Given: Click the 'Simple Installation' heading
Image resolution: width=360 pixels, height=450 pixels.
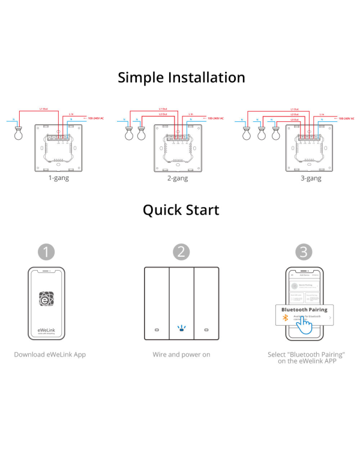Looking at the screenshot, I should pos(181,77).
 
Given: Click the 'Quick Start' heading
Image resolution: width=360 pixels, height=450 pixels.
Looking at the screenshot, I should pos(181,209).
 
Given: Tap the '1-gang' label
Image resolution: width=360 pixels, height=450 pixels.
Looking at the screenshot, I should pos(58,178).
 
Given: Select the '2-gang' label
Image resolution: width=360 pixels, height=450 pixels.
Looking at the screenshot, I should pos(178,178).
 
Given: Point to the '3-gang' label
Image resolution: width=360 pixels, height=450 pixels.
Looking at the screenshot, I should pos(311,178).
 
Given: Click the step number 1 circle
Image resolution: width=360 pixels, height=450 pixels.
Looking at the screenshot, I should pos(46,251).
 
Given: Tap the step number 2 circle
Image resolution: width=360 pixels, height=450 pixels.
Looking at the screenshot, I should pos(181,251).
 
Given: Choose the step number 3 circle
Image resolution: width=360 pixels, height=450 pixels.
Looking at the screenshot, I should pos(304,251).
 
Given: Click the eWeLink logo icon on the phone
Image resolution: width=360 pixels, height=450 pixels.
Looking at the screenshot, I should pos(46,298).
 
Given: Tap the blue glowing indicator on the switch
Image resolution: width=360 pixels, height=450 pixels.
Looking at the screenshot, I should pos(181,328).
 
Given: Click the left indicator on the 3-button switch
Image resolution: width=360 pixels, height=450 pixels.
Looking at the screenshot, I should pos(157,330).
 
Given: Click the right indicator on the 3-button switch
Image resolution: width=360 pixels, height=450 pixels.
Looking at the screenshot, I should pos(206,330).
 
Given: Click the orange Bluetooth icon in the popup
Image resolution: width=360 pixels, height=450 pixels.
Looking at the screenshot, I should pos(285,317).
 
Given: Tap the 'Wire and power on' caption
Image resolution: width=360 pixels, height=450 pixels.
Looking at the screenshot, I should pos(181,355).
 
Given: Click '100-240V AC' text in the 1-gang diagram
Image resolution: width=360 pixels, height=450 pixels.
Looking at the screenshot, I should pos(95,119).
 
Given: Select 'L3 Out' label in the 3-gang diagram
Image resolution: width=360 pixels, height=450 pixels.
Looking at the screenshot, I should pos(295,119).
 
